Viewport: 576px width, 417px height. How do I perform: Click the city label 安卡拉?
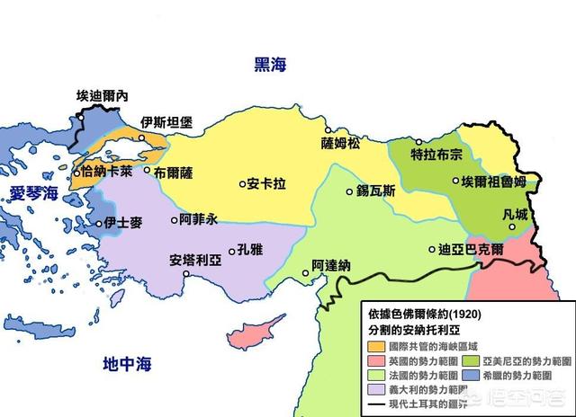coord(267,183)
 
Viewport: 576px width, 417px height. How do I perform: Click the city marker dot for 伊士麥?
coord(99,224)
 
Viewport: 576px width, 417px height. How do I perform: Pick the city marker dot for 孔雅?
coord(232,253)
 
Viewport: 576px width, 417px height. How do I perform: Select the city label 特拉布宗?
coord(436,154)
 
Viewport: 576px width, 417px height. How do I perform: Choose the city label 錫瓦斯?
coord(375,191)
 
